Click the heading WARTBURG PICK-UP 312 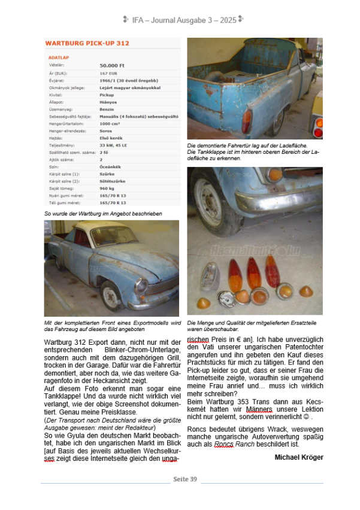pyautogui.click(x=87, y=44)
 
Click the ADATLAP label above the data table pyautogui.click(x=58, y=57)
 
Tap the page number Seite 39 pyautogui.click(x=185, y=479)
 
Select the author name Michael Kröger pyautogui.click(x=298, y=457)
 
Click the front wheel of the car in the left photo pyautogui.click(x=111, y=296)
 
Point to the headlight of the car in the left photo pyautogui.click(x=141, y=285)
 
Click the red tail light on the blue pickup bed pyautogui.click(x=247, y=120)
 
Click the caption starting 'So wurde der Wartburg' pyautogui.click(x=103, y=214)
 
